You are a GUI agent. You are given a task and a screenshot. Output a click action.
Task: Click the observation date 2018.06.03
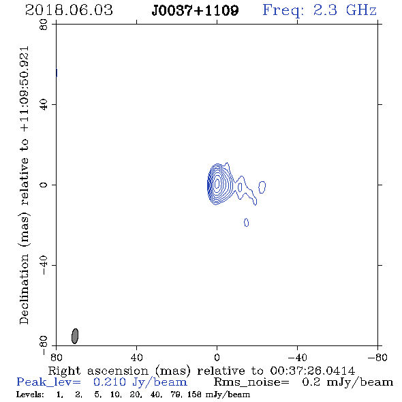point(69,10)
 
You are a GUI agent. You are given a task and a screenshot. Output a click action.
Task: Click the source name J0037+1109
point(195,11)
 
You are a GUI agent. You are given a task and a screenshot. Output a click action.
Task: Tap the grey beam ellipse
point(75,336)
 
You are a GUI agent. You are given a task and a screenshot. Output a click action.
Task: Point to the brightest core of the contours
point(217,183)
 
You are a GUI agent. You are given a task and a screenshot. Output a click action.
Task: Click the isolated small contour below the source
point(247,223)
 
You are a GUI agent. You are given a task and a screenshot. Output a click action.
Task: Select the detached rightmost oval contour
point(262,187)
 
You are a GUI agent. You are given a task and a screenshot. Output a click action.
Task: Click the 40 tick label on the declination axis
point(44,105)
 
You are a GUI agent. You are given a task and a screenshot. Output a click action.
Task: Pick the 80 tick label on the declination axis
point(44,25)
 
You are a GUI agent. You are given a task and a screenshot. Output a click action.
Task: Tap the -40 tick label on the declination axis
point(44,265)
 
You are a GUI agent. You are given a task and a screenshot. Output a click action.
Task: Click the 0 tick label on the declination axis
point(44,185)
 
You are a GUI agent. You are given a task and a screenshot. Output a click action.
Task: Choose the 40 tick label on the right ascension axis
point(136,358)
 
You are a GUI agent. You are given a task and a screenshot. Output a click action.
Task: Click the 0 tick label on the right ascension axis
point(217,358)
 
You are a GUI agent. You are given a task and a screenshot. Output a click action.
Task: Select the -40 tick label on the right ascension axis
point(297,358)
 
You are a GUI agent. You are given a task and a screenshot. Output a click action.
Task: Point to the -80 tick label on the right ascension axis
point(377,358)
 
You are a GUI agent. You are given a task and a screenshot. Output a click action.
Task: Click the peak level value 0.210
point(110,382)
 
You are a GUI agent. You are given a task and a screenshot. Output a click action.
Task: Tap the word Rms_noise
point(251,382)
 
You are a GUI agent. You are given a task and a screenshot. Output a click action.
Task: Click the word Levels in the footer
point(30,395)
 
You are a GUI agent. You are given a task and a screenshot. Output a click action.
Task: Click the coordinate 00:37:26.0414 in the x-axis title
point(313,371)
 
